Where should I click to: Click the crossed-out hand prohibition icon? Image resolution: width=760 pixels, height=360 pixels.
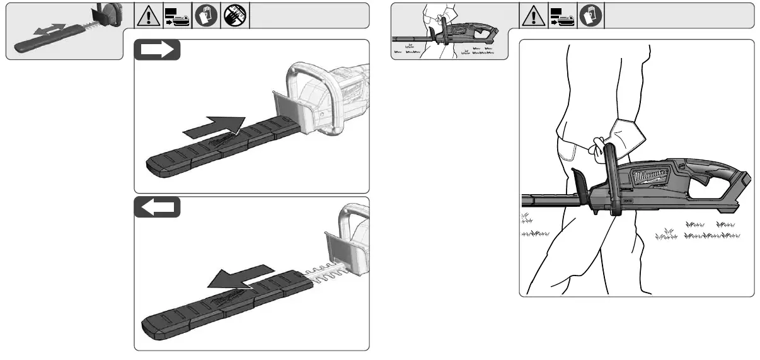pyautogui.click(x=235, y=16)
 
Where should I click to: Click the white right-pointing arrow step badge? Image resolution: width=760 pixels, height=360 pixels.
pyautogui.click(x=158, y=50)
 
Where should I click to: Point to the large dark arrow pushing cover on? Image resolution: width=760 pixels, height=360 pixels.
pyautogui.click(x=214, y=126)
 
